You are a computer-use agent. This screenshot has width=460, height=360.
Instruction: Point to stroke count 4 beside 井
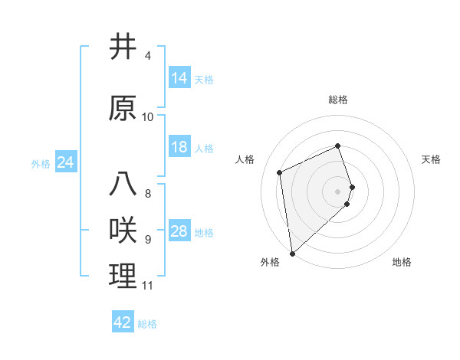click(148, 56)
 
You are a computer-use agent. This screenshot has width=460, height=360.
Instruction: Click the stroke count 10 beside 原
click(148, 117)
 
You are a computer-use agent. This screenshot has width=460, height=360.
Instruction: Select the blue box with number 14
click(179, 78)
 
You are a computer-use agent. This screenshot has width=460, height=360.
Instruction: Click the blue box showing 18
click(179, 147)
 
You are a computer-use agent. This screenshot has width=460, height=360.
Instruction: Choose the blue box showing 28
click(179, 231)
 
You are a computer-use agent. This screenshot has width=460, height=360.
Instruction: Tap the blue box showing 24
click(65, 162)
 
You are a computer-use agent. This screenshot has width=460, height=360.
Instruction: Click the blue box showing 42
click(122, 322)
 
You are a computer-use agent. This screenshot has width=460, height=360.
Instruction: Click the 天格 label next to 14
click(204, 79)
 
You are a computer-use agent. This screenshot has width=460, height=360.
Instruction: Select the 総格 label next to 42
click(147, 323)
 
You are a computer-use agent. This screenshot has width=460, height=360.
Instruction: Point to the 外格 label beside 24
click(41, 163)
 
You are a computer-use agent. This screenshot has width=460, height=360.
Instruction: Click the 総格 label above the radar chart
click(337, 100)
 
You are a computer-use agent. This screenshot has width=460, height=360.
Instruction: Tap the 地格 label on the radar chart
click(402, 262)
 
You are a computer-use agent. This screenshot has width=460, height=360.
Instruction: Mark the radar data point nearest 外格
click(292, 253)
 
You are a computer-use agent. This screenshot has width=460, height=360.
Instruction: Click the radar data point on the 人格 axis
click(280, 172)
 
